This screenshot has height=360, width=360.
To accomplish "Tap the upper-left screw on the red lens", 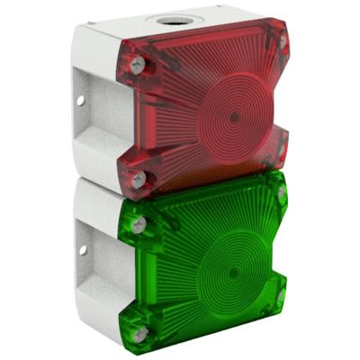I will (137, 65).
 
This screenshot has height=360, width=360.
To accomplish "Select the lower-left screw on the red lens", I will (138, 181).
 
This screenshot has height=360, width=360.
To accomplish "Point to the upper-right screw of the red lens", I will (283, 41).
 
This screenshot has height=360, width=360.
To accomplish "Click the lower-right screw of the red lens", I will (282, 150).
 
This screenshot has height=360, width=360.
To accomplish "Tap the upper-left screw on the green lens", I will (138, 224).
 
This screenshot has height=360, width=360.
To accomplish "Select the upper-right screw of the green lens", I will (283, 193).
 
